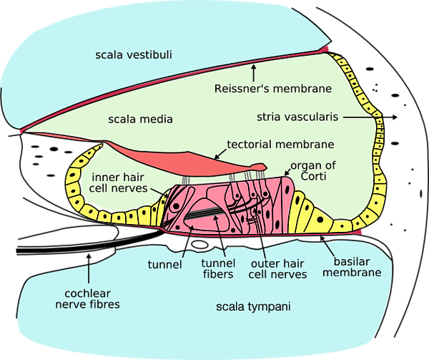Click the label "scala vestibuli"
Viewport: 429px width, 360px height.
(134, 55)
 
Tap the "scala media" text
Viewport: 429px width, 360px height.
(140, 120)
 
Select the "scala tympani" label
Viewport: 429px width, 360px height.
(253, 306)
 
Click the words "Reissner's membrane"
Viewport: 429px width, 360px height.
(273, 89)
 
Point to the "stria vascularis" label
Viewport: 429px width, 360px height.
(297, 117)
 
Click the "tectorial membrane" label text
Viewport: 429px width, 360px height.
(281, 145)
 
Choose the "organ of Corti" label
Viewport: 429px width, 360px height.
(313, 171)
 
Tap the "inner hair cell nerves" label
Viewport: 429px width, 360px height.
(118, 183)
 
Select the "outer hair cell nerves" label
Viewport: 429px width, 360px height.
(277, 269)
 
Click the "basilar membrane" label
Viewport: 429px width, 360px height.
(352, 267)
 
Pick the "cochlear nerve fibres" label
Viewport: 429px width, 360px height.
(87, 299)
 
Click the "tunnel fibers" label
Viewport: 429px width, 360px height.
(218, 268)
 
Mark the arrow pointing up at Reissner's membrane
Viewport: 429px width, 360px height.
(254, 73)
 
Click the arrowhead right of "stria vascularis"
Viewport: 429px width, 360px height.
(395, 117)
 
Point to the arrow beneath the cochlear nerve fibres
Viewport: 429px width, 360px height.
(89, 268)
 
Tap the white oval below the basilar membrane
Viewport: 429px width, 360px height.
(200, 244)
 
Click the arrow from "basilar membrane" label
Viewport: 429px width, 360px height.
(327, 246)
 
